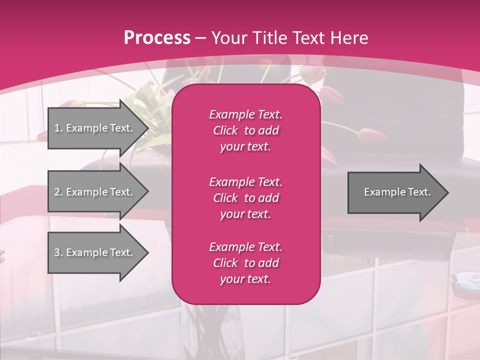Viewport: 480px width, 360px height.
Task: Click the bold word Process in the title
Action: pyautogui.click(x=157, y=38)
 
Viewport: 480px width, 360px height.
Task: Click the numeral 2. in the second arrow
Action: pyautogui.click(x=58, y=192)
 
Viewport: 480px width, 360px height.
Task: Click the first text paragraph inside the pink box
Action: pyautogui.click(x=245, y=130)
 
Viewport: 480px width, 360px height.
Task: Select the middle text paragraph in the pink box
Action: pyautogui.click(x=245, y=198)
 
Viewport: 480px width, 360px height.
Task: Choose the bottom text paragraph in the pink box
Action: pyautogui.click(x=245, y=263)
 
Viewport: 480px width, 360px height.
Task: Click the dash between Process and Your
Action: pyautogui.click(x=200, y=38)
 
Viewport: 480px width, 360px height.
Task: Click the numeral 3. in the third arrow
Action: pyautogui.click(x=58, y=252)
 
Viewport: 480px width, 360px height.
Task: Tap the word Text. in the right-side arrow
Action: pyautogui.click(x=419, y=192)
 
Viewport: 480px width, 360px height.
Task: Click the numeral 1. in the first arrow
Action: pyautogui.click(x=58, y=128)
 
